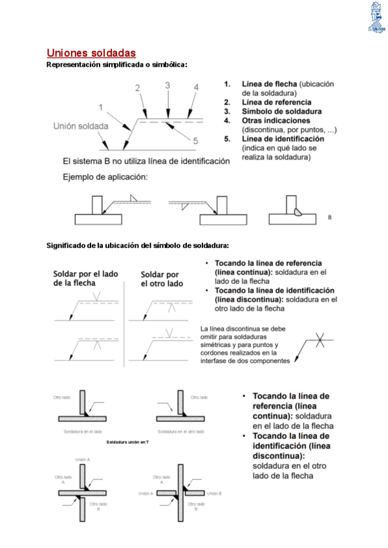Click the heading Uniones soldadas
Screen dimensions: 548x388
tap(91, 52)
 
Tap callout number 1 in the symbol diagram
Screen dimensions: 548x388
tap(101, 107)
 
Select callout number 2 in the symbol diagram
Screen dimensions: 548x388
tap(137, 88)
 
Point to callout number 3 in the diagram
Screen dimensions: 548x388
tap(167, 85)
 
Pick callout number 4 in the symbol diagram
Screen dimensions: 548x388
tap(196, 88)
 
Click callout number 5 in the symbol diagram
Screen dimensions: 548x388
tap(195, 140)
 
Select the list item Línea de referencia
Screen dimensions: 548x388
tap(276, 102)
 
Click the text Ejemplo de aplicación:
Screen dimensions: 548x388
tap(105, 176)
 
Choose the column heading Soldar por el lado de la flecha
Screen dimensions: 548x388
tap(85, 278)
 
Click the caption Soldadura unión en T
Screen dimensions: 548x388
tap(127, 443)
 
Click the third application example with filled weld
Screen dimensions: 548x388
tap(293, 211)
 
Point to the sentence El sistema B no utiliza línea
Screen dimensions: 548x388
tap(145, 161)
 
